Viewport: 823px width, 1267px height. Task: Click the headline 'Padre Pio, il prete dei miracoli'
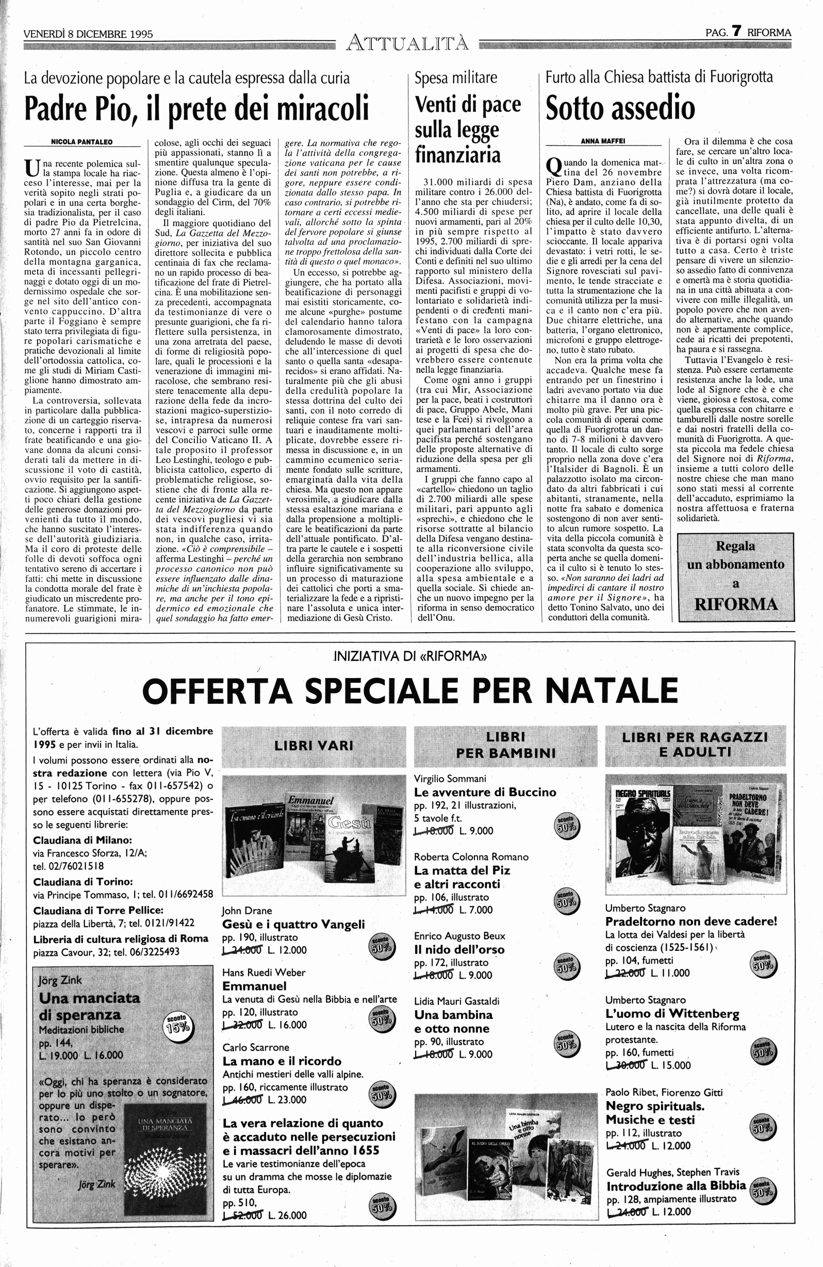coord(197,108)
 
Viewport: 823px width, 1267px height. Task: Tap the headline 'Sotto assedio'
coord(620,108)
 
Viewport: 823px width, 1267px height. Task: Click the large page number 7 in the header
coord(737,31)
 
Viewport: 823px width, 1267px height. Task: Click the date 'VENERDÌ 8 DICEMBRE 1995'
coord(88,34)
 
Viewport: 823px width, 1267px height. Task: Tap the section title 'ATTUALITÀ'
coord(408,42)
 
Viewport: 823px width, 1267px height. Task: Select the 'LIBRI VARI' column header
coord(314,745)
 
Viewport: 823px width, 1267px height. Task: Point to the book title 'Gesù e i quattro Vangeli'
coord(293,924)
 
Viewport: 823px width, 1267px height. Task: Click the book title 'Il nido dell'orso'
coord(459,949)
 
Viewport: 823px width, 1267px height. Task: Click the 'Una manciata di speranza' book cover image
coord(164,1151)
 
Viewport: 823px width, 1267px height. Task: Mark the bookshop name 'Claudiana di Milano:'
coord(83,840)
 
